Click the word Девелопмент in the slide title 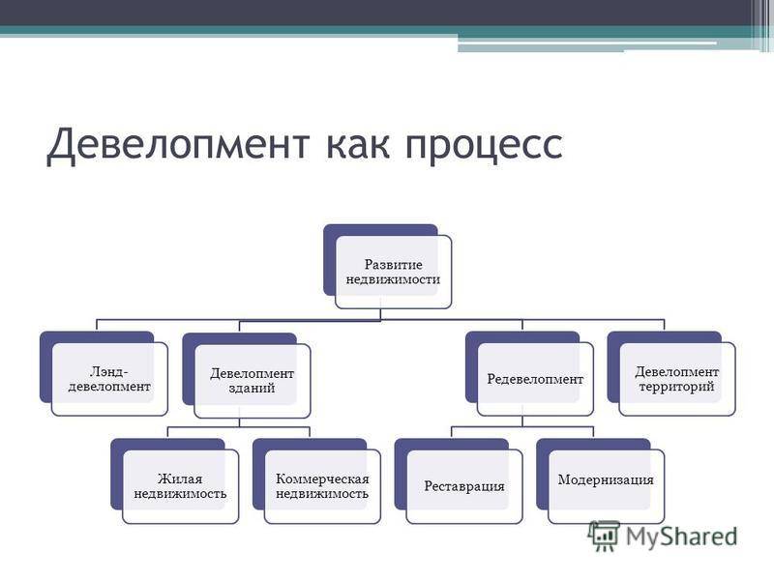tap(178, 143)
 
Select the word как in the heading tap(358, 144)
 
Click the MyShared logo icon tap(604, 536)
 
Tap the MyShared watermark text tap(682, 536)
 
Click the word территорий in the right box tap(676, 386)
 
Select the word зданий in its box tap(252, 388)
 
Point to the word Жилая tap(180, 478)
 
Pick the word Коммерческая tap(322, 478)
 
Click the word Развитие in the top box tap(394, 264)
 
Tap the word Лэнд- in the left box tap(109, 371)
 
